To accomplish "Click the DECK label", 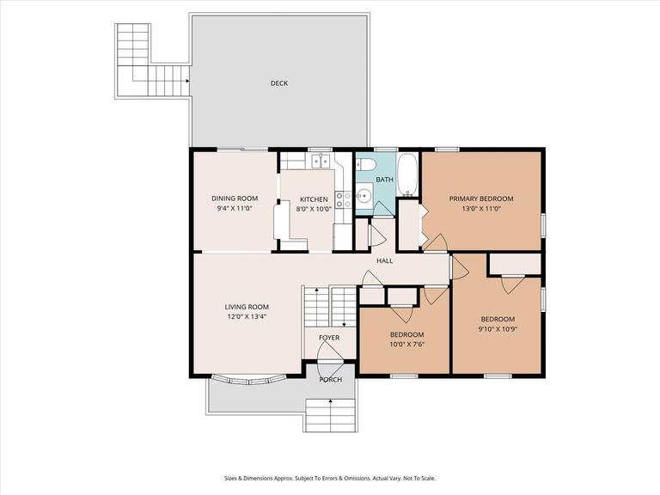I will pos(278,83).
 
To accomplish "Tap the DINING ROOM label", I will pos(235,199).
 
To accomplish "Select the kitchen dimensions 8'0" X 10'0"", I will pos(314,208).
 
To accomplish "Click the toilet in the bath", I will pos(364,165).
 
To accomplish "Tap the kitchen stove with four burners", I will pos(343,199).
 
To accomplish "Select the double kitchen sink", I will pos(321,161).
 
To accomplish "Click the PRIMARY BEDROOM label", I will pos(481,199).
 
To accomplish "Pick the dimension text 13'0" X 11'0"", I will pos(481,208).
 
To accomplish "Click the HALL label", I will pos(384,260).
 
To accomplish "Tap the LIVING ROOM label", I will pos(247,307).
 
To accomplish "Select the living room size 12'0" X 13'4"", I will pos(247,316).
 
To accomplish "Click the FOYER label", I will pos(329,338).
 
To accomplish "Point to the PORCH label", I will pos(330,379).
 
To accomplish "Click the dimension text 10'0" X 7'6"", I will pos(406,344).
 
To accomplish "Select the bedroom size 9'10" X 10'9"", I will pos(498,328).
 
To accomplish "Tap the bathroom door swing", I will pos(383,208).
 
